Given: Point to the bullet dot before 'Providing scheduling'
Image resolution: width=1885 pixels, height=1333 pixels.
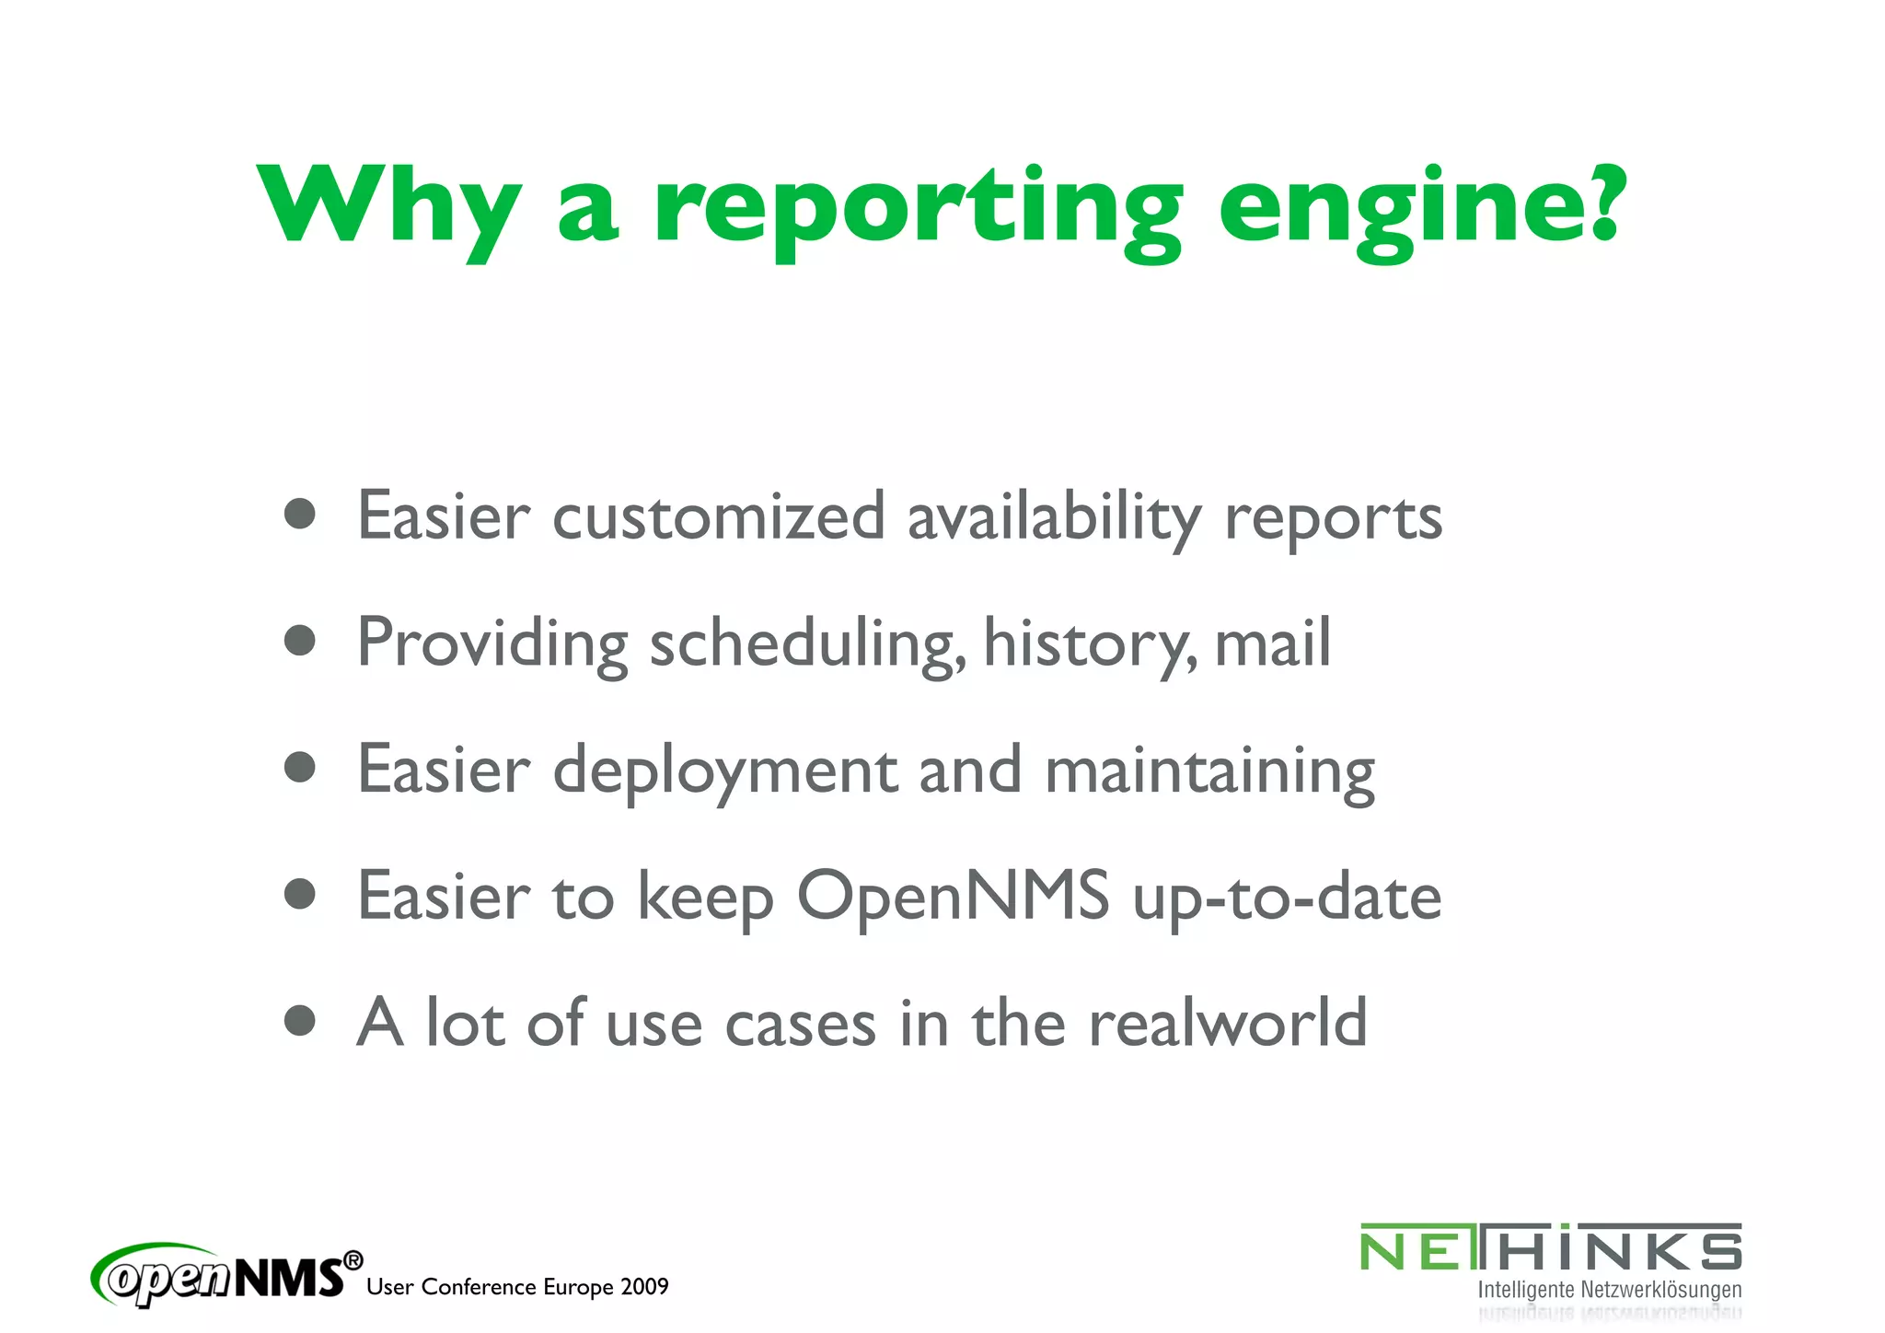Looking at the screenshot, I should pos(300,640).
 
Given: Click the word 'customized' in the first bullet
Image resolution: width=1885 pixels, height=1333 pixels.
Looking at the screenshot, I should pos(718,517).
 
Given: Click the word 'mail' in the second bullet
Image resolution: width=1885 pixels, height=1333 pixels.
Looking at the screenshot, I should pos(1272,643).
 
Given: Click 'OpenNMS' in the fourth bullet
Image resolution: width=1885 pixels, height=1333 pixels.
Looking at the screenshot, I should pos(953,897).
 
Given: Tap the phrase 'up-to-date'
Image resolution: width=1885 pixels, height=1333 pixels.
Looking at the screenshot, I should pos(1287,897).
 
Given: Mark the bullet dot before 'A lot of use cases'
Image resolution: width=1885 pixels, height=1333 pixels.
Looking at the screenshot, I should pos(300,1020).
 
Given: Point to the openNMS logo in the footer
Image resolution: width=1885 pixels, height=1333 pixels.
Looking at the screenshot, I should pos(221,1275).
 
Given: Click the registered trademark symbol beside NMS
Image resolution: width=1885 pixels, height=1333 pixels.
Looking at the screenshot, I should pos(353,1260).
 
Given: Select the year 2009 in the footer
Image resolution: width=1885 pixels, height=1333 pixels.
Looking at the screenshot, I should pos(644,1287).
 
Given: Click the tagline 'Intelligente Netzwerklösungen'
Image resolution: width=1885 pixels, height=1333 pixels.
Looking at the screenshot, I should pos(1609,1290).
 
